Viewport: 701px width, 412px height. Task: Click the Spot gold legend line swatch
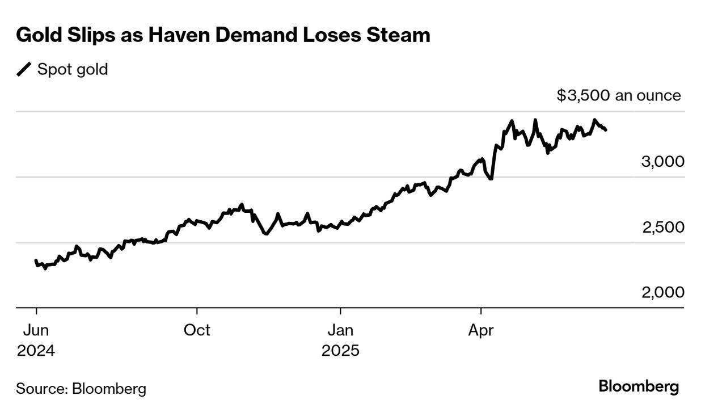point(24,70)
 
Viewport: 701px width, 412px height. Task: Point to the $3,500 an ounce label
point(618,95)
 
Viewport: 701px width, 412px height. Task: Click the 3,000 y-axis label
point(662,162)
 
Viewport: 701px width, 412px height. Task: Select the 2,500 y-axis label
point(662,228)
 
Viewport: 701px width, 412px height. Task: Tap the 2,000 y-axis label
point(662,292)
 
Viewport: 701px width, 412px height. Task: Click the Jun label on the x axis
point(36,330)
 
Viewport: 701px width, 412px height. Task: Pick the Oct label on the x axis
point(197,330)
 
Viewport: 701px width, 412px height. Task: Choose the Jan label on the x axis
point(340,330)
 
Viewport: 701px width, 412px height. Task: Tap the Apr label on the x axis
point(481,330)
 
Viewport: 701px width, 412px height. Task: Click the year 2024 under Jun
point(36,351)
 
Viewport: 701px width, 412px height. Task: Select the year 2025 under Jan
point(340,351)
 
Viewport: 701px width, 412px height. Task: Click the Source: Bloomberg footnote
point(81,389)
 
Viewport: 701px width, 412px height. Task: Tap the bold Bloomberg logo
point(639,387)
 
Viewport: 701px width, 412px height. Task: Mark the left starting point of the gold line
point(36,260)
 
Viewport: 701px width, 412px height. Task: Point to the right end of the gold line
point(606,130)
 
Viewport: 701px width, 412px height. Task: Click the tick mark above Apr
point(481,311)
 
